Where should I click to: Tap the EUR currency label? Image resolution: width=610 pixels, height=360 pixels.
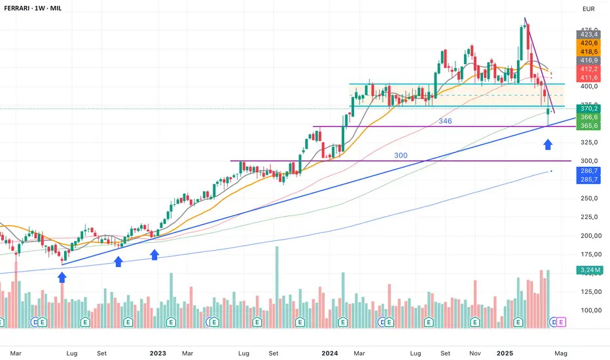[588, 10]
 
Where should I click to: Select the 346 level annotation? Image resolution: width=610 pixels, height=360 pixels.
[445, 121]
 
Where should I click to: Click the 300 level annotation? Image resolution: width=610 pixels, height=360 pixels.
[401, 155]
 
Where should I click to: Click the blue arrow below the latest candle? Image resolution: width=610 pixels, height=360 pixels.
[548, 144]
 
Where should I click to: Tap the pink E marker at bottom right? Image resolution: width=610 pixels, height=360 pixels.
[562, 322]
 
